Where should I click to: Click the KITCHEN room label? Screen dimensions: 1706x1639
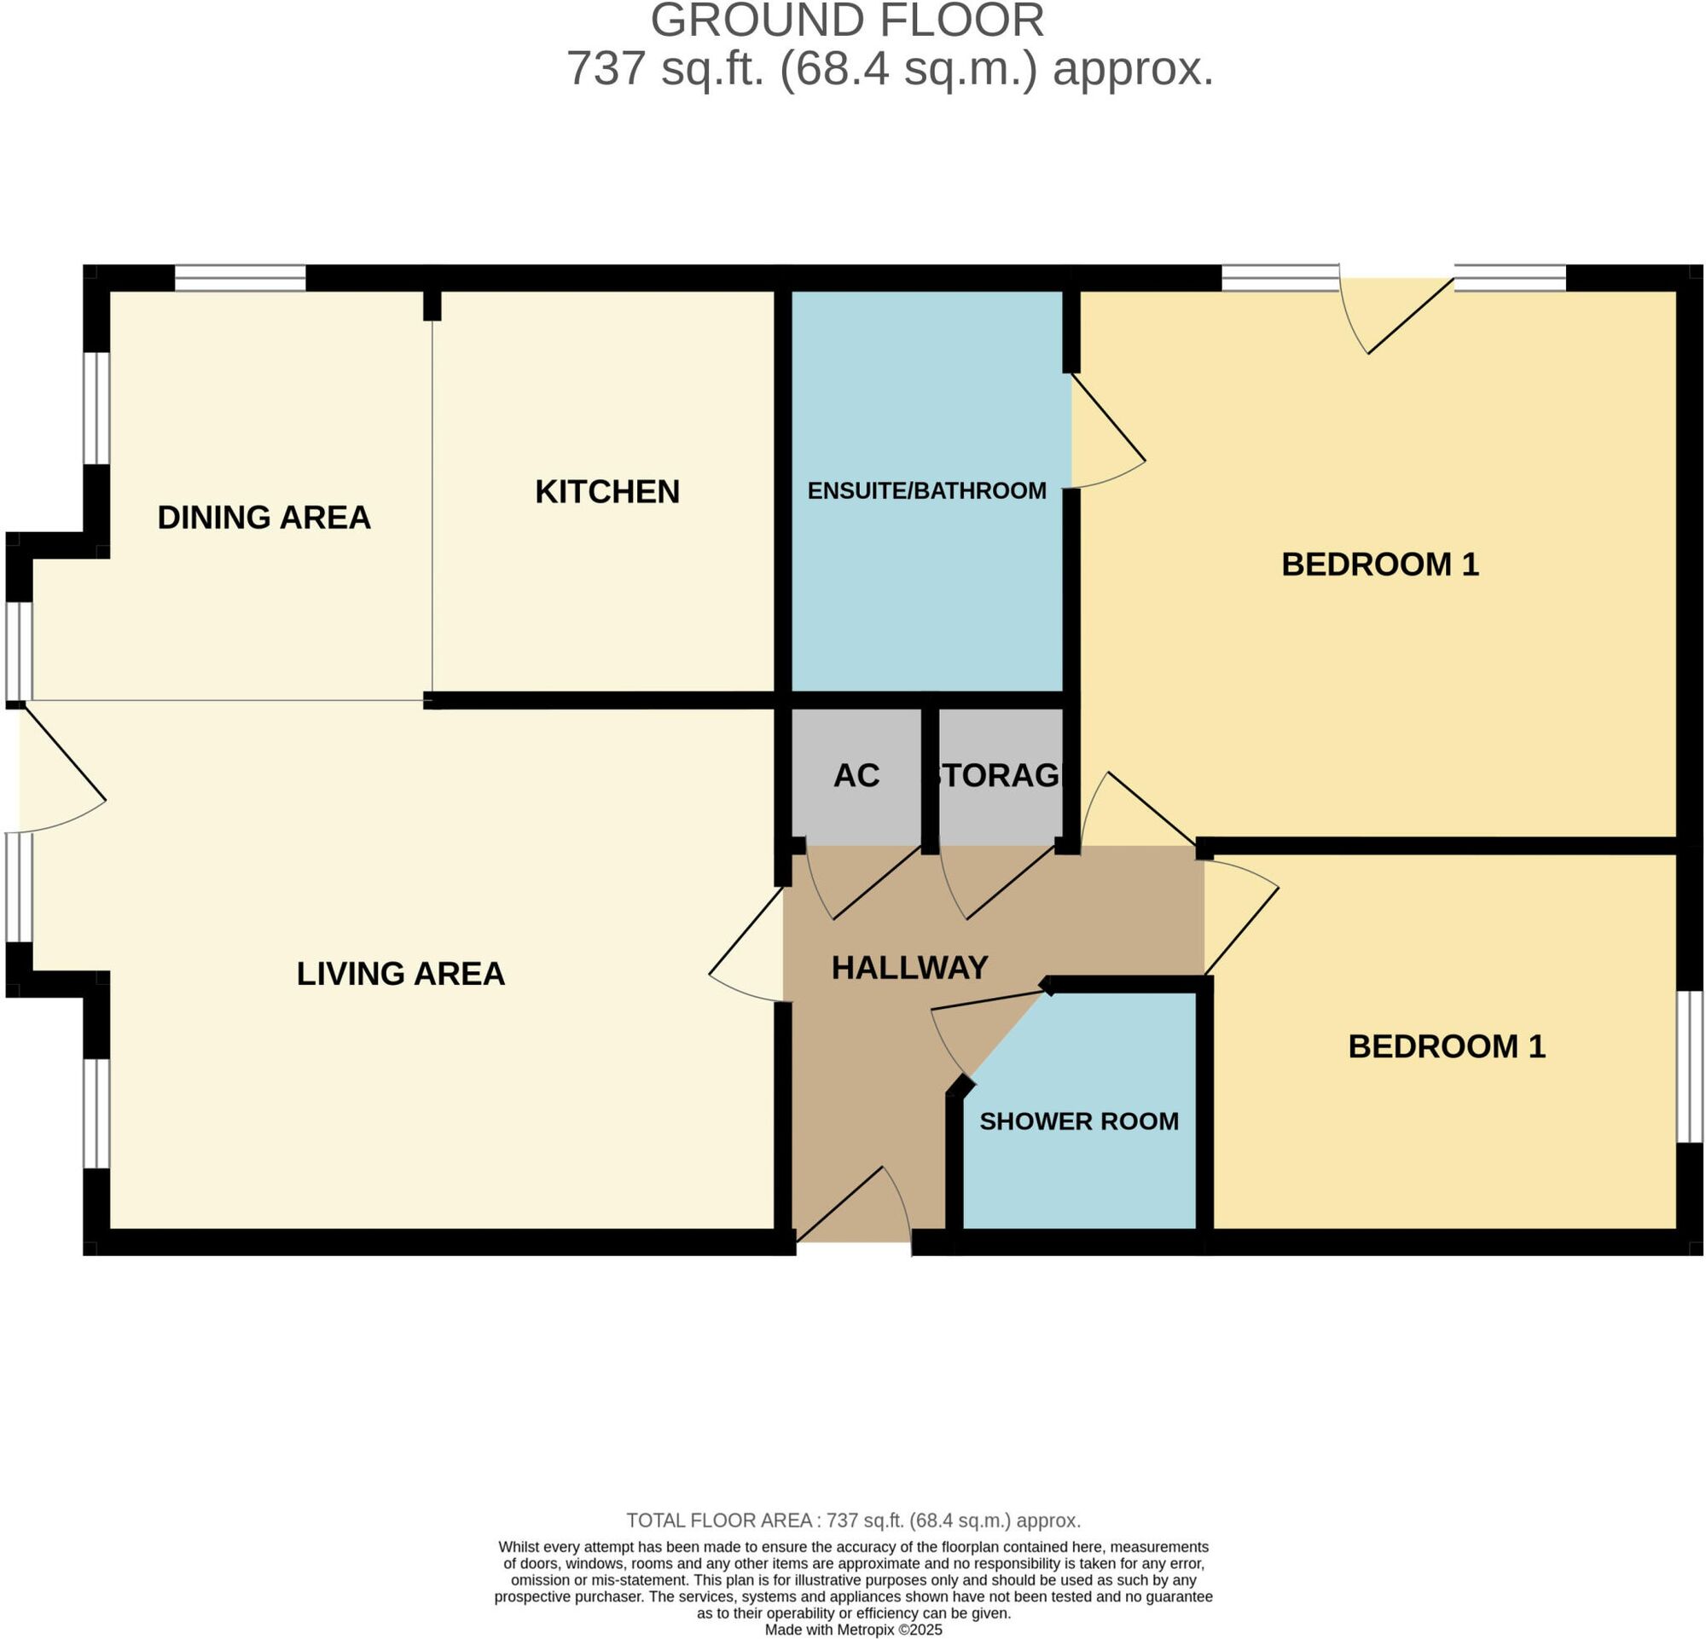pos(606,491)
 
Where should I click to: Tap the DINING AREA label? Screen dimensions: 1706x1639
pos(264,518)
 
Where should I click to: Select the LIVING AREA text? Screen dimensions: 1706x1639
pos(400,974)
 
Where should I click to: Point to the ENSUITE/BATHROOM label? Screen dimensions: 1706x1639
pos(927,490)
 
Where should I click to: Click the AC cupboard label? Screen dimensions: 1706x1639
pos(856,776)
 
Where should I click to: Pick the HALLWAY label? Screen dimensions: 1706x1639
pos(909,967)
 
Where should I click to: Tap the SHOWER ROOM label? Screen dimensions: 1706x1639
pos(1079,1121)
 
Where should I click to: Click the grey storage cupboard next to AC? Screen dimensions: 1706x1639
pos(1001,776)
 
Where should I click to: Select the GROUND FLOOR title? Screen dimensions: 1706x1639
pos(847,20)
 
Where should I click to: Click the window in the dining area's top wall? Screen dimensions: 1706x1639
pos(241,278)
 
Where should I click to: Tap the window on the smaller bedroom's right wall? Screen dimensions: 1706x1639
pos(1690,1066)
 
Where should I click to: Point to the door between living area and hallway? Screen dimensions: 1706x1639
pos(747,945)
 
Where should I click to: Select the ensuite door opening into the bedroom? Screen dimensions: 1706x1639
pos(1107,431)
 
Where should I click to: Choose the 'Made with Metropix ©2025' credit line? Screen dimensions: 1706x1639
pos(853,1630)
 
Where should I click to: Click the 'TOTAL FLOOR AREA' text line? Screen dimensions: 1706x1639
pos(853,1520)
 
